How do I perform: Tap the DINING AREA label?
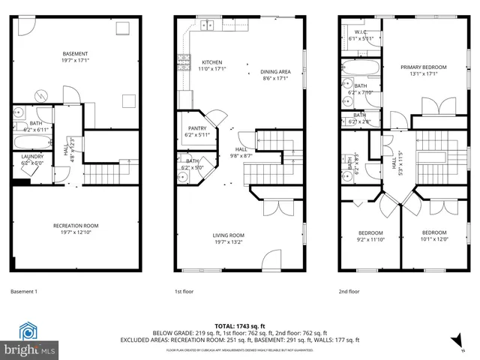coord(275,72)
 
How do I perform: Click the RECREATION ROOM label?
coord(75,226)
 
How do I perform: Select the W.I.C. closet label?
coord(361,31)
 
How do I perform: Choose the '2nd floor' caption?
coord(349,291)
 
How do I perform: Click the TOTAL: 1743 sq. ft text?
coord(239,325)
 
